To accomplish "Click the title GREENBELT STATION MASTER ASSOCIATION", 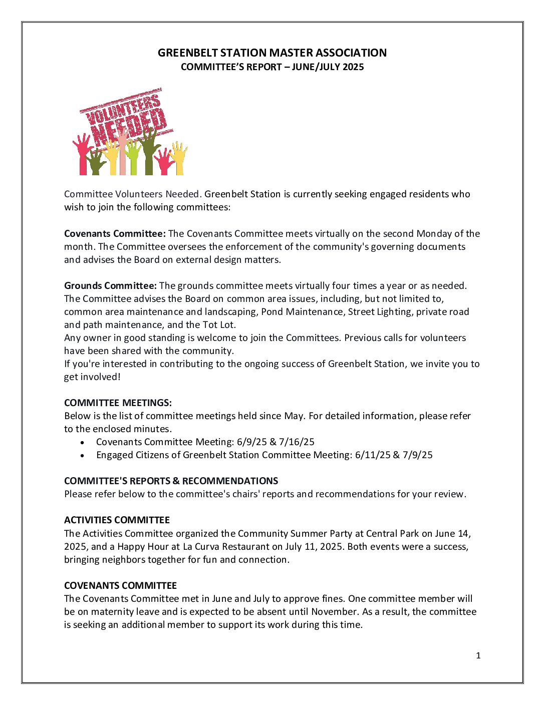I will [272, 53].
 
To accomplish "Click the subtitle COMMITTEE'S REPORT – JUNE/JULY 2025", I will [272, 67].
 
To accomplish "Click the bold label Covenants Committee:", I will [115, 234].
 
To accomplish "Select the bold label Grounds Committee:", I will [110, 286].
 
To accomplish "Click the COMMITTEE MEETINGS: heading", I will [118, 403].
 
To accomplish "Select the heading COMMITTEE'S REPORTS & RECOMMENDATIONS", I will [171, 481].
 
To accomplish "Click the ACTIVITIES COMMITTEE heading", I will [117, 520].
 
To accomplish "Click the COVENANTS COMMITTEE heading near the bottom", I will [120, 586].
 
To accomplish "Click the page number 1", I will [478, 656].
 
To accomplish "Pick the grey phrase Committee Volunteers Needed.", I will [133, 194].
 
